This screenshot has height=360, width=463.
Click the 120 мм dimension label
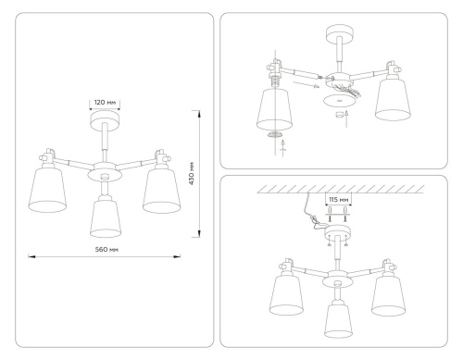point(105,103)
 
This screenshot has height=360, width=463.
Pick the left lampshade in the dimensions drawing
point(46,190)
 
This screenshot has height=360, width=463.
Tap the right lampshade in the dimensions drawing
point(162,190)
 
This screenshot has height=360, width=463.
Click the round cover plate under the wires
point(337,94)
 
